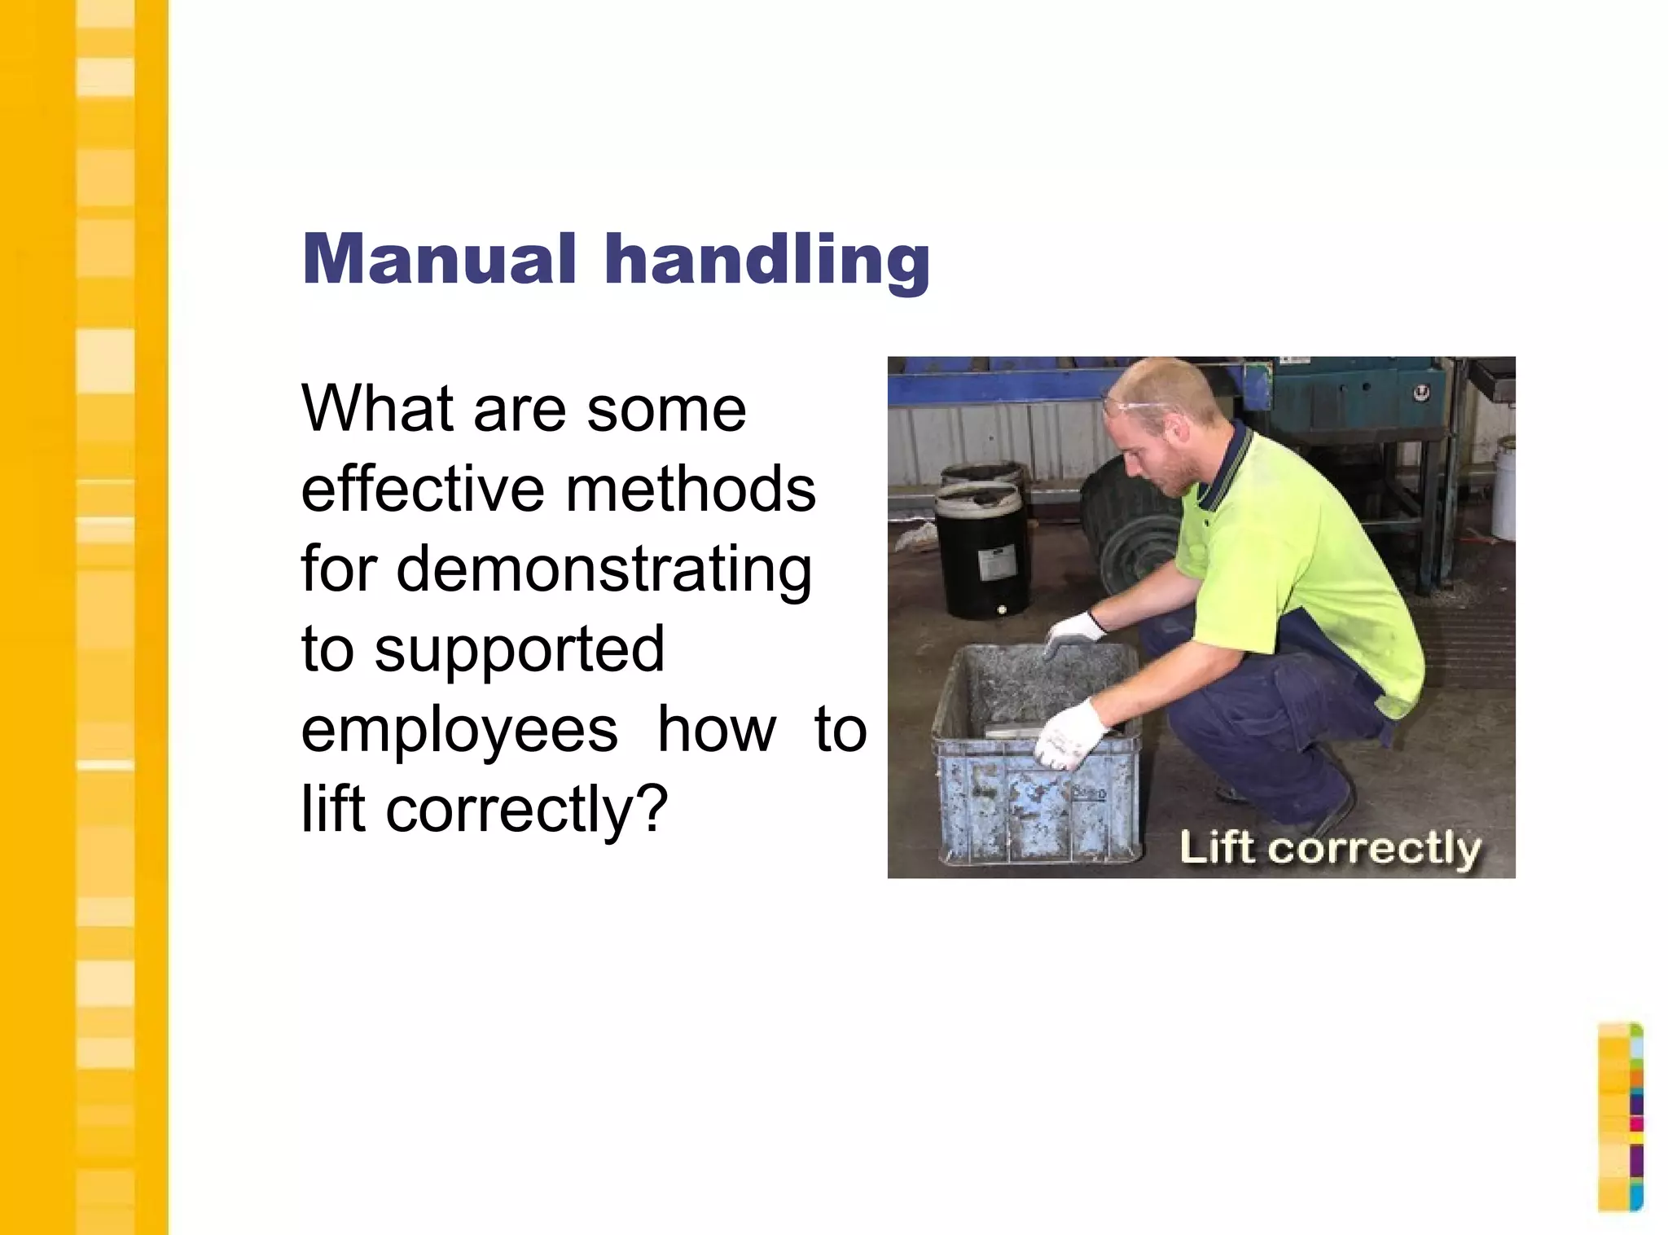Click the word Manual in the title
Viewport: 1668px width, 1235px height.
point(439,259)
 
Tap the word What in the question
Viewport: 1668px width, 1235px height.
point(376,408)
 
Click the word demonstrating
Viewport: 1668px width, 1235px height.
point(604,570)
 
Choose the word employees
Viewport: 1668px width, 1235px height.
point(459,729)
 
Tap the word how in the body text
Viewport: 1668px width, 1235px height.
point(716,729)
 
